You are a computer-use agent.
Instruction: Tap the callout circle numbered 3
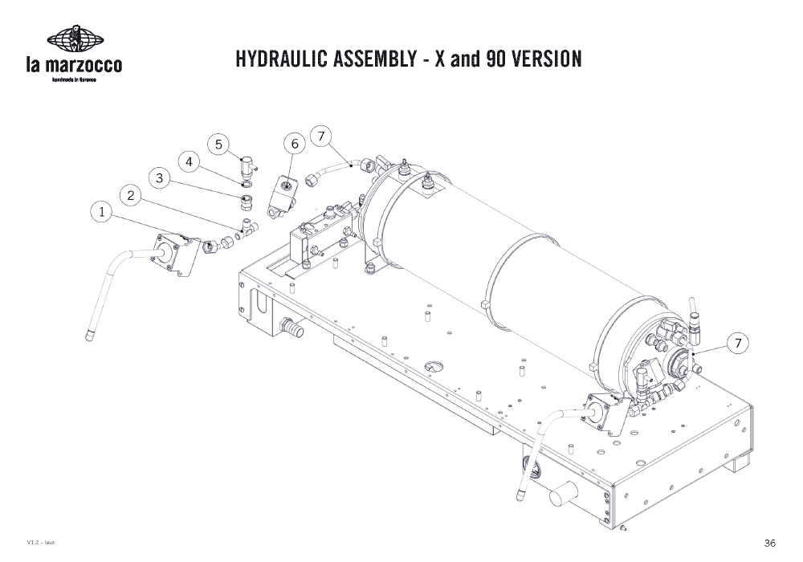(161, 178)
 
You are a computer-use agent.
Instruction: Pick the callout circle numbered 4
(190, 161)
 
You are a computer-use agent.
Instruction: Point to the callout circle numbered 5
(218, 145)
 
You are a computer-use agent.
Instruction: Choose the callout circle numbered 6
(295, 144)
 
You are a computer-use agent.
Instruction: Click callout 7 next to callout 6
(321, 136)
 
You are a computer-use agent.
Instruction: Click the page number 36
(770, 543)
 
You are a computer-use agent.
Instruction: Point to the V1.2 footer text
(39, 544)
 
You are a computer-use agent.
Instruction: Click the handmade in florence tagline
(75, 81)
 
